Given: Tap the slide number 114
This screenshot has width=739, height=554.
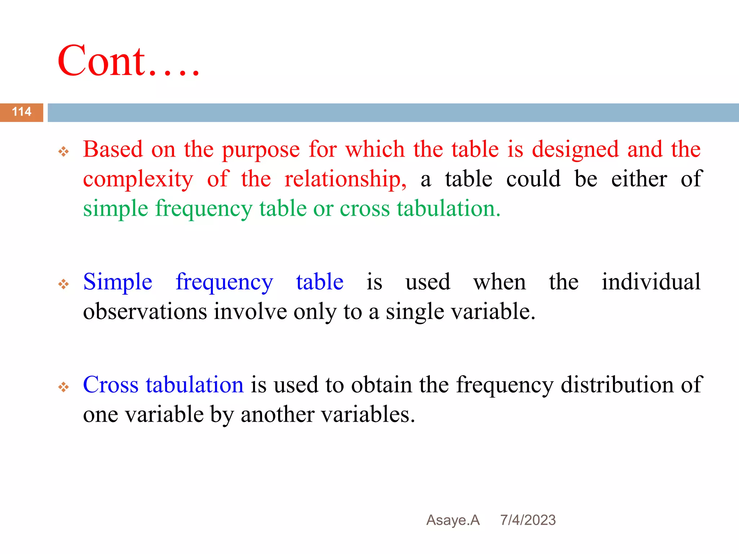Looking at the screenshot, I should coord(22,112).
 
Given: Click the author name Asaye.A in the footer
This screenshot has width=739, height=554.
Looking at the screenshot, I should coord(453,520).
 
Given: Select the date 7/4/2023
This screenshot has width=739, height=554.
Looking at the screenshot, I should coord(528,520).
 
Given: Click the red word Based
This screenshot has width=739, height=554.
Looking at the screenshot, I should coord(113,149).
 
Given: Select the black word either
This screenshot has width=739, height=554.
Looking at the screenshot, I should coord(639,179).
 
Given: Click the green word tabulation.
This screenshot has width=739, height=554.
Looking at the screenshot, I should coord(449,208).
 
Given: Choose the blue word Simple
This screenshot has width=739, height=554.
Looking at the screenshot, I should coord(118,282).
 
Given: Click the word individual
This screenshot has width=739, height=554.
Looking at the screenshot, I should coord(651,281).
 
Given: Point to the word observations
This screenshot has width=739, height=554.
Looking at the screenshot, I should coord(145,311).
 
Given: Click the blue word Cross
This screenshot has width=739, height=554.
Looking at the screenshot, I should coord(111,384).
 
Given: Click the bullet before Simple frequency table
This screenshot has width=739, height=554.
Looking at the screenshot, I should coord(64,284).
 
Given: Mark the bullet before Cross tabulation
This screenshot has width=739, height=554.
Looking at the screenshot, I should coord(64,387).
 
